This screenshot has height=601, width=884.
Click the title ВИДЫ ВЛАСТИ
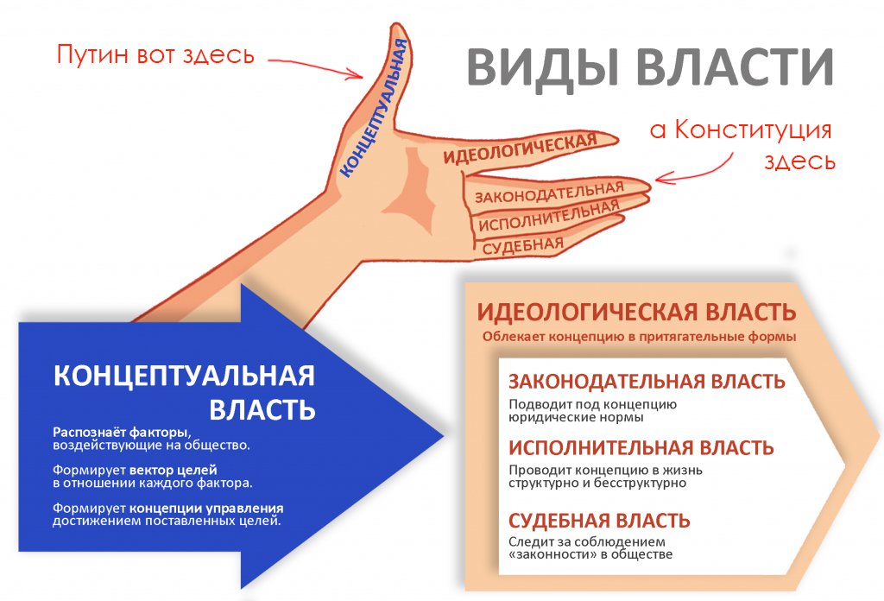coord(650,68)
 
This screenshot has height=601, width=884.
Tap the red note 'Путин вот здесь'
coord(155,56)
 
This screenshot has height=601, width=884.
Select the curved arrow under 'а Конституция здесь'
coord(694,168)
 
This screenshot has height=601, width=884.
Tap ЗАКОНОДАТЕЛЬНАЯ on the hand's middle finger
coord(547,191)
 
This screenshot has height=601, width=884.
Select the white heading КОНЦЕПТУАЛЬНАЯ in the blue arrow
coord(183,376)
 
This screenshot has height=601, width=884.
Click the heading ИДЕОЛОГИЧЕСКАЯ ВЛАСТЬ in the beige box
coord(637,312)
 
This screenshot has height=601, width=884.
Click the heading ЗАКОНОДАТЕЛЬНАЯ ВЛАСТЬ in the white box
coord(647,382)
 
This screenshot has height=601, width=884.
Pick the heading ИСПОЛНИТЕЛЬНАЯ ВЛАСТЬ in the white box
coord(641,448)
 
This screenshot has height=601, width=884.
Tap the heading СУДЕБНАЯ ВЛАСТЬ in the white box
coord(599,522)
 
